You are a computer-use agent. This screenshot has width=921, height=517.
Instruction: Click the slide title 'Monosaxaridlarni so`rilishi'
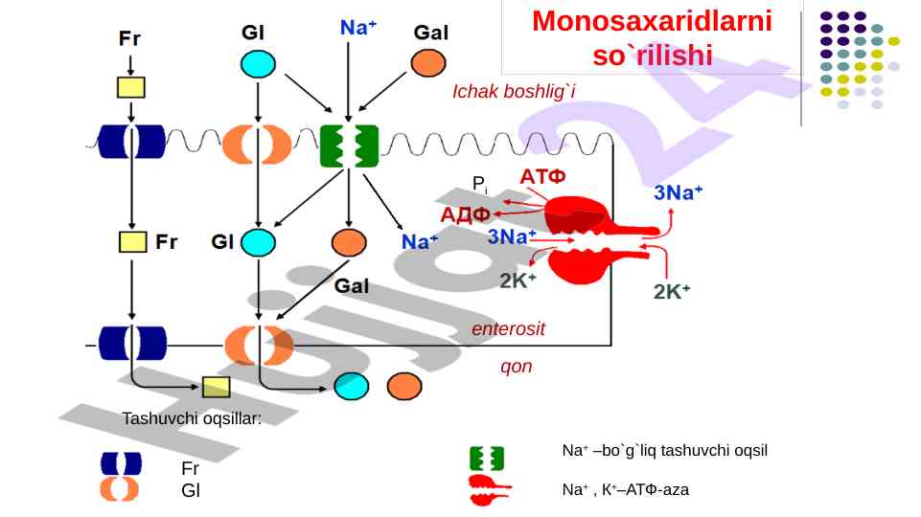point(652,37)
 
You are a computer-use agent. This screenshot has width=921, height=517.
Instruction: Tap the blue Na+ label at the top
point(358,29)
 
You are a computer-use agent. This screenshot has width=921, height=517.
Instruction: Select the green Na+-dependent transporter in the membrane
point(348,147)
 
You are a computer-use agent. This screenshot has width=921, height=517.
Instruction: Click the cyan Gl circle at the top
point(257,64)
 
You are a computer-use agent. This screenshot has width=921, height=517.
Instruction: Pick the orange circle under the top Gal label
point(428,64)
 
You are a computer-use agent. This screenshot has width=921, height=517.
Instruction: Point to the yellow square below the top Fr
point(130,87)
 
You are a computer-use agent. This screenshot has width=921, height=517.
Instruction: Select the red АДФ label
point(466,213)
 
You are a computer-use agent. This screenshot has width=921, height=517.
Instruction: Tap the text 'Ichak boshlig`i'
point(514,91)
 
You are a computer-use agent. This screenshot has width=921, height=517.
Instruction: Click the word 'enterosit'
point(508,328)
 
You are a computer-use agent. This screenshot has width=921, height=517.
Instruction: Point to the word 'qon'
point(516,366)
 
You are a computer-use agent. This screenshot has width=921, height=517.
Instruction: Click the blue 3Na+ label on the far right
point(679,192)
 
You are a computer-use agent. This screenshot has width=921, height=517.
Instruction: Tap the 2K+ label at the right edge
point(673,291)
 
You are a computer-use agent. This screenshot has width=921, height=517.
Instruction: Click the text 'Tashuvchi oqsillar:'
point(192,418)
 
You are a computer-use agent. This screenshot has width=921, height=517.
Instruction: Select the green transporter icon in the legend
point(487,458)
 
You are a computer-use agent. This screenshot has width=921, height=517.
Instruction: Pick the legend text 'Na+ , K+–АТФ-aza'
point(625,489)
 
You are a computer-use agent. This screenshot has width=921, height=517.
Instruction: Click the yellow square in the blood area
point(217,387)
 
